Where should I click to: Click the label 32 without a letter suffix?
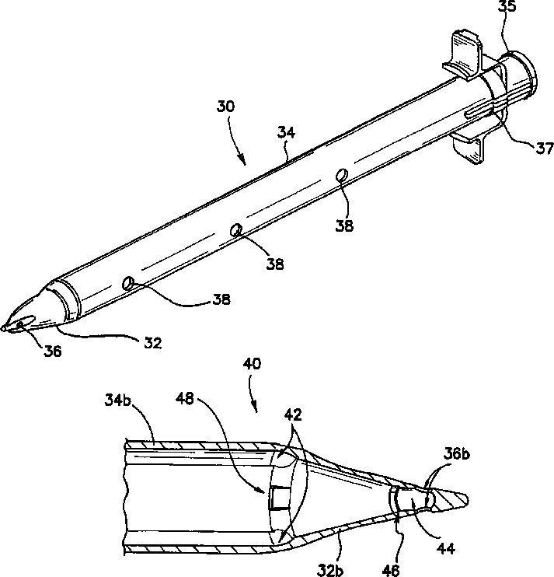(153, 342)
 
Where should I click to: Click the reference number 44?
(443, 548)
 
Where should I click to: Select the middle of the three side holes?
(236, 229)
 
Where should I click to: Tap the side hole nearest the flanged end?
(341, 177)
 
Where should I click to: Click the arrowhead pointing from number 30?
(246, 162)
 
